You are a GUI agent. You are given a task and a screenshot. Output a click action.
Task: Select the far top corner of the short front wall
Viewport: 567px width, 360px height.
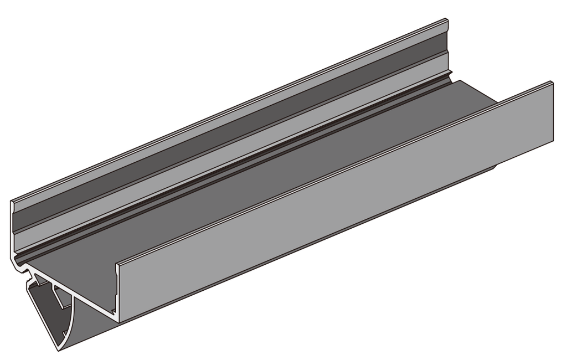[x=552, y=82]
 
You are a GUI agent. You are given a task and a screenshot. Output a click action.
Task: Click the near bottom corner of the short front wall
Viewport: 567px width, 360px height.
[x=118, y=321]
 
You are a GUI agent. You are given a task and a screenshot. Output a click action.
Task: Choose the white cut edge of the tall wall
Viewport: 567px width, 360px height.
[x=12, y=233]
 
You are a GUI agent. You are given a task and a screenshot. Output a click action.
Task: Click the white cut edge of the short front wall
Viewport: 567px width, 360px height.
[x=117, y=294]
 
